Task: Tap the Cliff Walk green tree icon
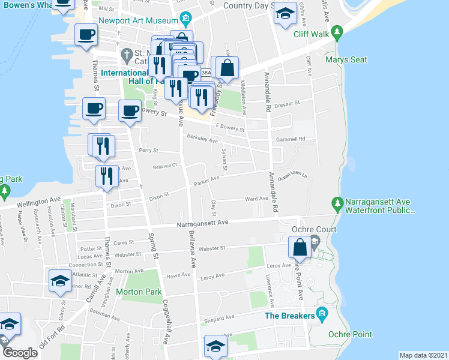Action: click(x=337, y=32)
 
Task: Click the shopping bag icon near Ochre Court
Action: click(x=300, y=247)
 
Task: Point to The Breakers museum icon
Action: click(x=322, y=312)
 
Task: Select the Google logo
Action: click(x=20, y=352)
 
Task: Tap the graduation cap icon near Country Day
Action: click(x=285, y=13)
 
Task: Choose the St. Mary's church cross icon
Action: click(x=127, y=55)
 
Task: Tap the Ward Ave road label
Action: click(x=256, y=199)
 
